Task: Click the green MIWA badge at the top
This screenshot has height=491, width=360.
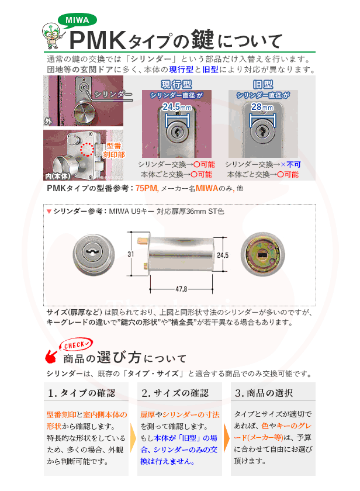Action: [77, 20]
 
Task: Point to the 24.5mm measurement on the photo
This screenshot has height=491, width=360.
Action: [176, 108]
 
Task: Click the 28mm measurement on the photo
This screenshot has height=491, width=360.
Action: [262, 108]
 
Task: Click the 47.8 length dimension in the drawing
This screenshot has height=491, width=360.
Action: [182, 289]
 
